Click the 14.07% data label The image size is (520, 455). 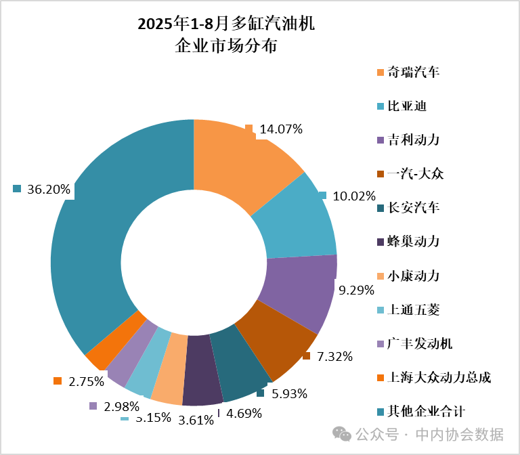point(281,129)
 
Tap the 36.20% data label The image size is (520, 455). point(49,189)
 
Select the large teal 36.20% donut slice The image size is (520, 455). point(102,223)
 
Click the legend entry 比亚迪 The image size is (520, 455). point(406,106)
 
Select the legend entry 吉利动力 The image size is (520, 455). point(413,139)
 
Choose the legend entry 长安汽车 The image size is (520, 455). point(413,207)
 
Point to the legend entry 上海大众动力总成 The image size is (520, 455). point(439,376)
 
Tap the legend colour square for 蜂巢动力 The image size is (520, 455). point(380,242)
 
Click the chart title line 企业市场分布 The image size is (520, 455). point(226,47)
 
